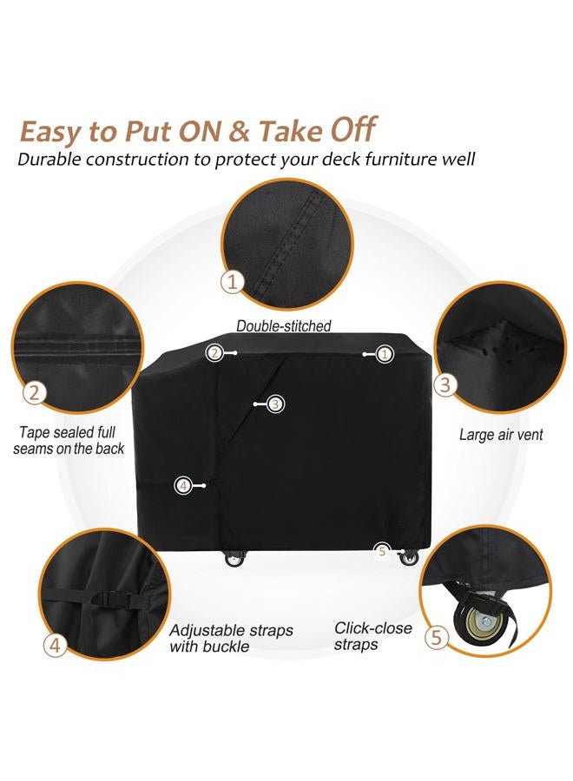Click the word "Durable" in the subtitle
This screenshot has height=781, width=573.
(55, 160)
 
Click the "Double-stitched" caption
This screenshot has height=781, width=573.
(284, 326)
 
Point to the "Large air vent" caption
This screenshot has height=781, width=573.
(501, 435)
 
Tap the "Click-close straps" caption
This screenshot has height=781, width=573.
(373, 636)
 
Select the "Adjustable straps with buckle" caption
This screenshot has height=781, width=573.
(231, 639)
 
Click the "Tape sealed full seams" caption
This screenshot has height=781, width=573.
(69, 440)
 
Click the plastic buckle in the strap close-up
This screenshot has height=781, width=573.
(109, 597)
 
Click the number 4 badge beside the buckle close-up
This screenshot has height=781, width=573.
(56, 645)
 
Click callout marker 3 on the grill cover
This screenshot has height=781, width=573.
(275, 404)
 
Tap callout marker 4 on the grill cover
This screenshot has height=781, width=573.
(183, 485)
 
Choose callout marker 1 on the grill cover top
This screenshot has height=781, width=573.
(385, 353)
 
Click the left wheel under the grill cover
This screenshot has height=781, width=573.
(234, 560)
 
